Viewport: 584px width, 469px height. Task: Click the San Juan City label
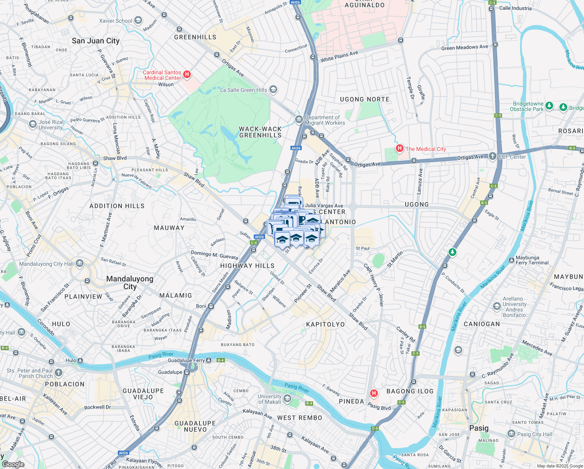[96, 41]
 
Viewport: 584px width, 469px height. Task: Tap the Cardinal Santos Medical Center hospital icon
[187, 74]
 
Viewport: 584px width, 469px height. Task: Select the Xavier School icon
[138, 20]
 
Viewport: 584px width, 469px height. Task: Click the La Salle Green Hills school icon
[274, 90]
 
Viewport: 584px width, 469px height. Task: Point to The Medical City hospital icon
[400, 148]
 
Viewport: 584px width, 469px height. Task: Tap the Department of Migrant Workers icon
[299, 119]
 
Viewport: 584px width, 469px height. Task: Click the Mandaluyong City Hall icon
[80, 263]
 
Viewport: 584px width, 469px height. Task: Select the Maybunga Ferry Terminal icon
[511, 260]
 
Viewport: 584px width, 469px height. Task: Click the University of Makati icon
[287, 398]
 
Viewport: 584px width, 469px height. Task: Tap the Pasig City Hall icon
[511, 433]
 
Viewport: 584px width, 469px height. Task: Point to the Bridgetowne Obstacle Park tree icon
[549, 106]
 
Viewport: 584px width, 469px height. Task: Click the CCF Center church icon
[493, 156]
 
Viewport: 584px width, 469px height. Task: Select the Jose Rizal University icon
[33, 124]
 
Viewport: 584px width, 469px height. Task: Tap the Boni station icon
[211, 306]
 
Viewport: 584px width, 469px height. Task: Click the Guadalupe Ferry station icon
[209, 360]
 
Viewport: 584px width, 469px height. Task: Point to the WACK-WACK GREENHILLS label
[260, 132]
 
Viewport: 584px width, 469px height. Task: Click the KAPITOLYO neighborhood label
[326, 324]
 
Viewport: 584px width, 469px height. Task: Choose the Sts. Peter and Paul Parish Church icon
[59, 372]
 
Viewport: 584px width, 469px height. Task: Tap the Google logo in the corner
[13, 464]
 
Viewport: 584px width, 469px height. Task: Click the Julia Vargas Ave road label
[324, 206]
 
